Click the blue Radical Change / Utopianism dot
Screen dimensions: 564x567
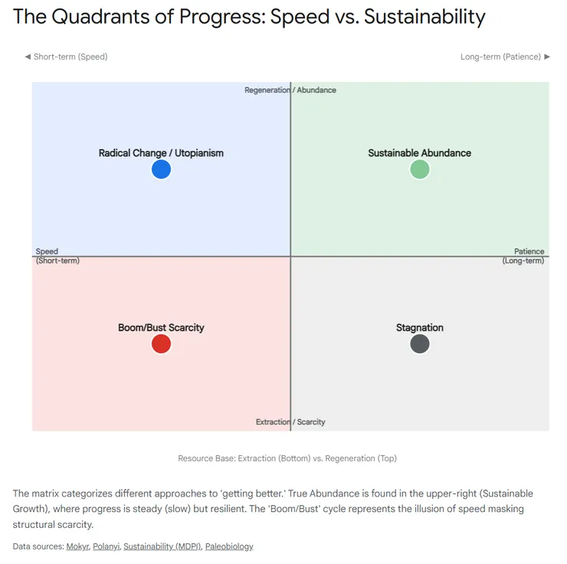pos(161,169)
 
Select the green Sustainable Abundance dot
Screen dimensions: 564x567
pos(419,169)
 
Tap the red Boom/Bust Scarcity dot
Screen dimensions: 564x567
pos(161,344)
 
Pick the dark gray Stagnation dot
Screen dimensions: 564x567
pos(419,344)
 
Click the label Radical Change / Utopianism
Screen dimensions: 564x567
pos(161,153)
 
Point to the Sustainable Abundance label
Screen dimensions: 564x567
pos(419,153)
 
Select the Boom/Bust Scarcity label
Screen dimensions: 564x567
pos(161,328)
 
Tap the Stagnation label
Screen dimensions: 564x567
pos(419,328)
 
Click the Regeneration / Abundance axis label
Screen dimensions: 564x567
pos(290,90)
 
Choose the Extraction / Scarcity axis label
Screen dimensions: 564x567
pos(290,422)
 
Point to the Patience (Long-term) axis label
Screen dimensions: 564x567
pos(524,256)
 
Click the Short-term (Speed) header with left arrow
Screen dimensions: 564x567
pos(66,57)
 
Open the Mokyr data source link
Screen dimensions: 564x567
pos(77,546)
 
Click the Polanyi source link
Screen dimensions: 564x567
pos(106,546)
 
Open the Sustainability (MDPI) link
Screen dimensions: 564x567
pos(162,546)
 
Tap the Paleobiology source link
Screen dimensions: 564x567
pos(229,546)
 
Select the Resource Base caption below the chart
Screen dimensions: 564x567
pos(287,458)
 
